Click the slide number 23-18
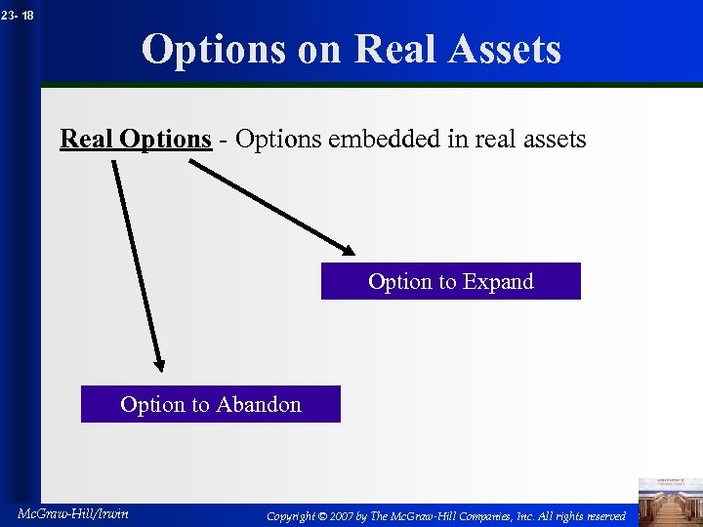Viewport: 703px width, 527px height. pos(17,15)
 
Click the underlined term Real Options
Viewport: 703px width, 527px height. pos(136,140)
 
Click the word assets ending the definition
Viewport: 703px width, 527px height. pos(549,140)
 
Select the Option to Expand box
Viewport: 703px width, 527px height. pos(450,281)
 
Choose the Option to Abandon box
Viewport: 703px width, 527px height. pos(210,404)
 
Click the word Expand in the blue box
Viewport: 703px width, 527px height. pos(498,282)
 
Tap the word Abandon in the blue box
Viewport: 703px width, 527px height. pos(259,404)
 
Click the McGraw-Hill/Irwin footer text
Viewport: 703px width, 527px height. pos(72,514)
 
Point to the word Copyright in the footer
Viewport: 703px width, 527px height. pos(291,516)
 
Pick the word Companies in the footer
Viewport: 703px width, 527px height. pos(486,516)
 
